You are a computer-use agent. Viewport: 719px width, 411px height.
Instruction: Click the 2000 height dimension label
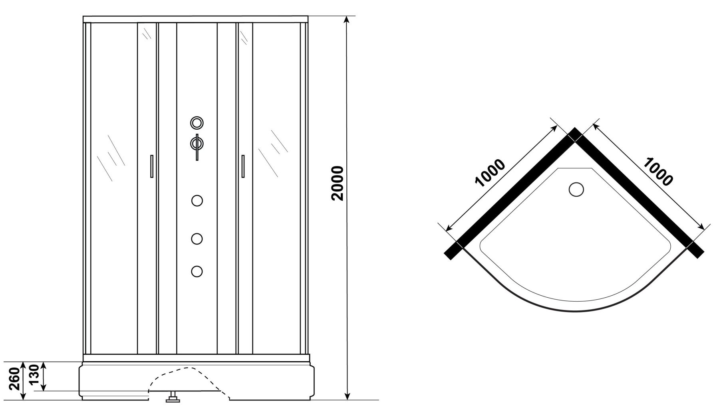click(337, 183)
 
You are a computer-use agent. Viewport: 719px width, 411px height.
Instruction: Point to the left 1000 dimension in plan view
click(491, 173)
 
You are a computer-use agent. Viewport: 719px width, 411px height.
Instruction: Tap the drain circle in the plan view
click(576, 189)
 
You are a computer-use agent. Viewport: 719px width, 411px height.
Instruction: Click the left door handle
click(151, 166)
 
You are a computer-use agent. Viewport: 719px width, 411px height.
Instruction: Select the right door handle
click(242, 166)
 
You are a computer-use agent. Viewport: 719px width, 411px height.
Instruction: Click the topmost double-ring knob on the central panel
click(197, 123)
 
